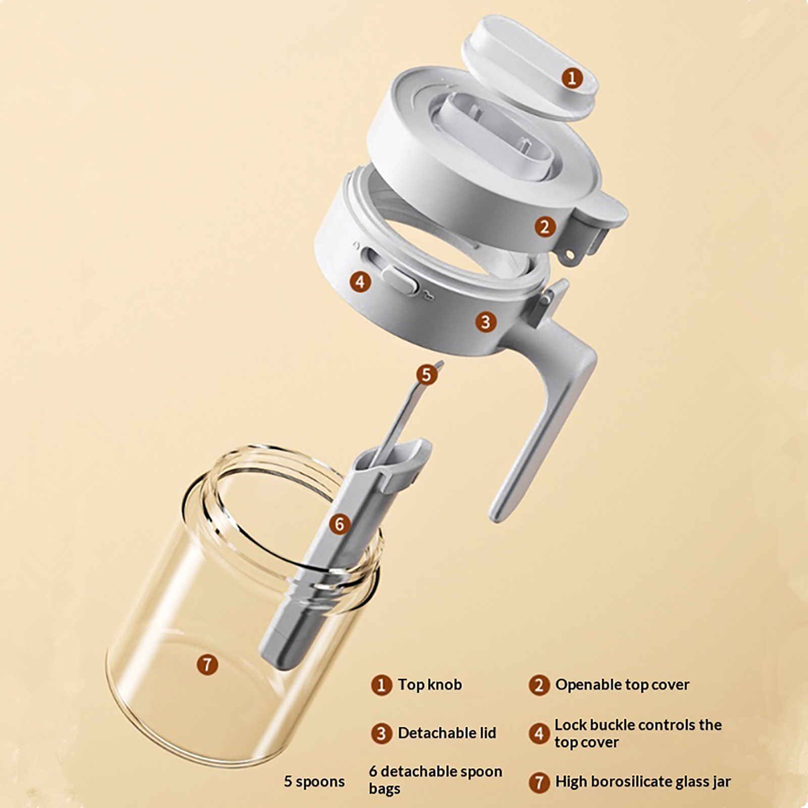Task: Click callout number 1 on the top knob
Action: coord(572,78)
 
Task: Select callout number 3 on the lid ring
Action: coord(485,322)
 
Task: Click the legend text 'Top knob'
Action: coord(430,685)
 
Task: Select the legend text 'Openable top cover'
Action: coord(622,685)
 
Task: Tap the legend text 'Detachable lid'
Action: coord(447,733)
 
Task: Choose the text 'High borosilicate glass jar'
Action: coord(643,782)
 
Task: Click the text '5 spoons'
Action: coord(314,782)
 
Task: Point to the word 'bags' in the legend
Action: coord(384,789)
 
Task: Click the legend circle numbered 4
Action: coord(539,733)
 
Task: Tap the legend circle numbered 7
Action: coord(539,782)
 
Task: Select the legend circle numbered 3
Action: coord(381,733)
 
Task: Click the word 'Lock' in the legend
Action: coord(571,725)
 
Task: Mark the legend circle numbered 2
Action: coord(539,685)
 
